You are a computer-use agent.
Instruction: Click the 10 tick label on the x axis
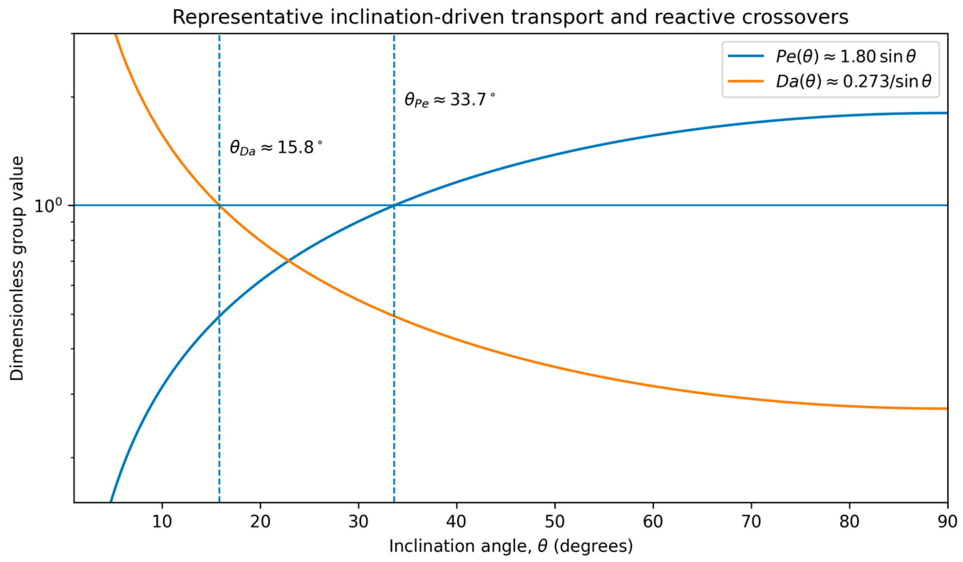pyautogui.click(x=162, y=522)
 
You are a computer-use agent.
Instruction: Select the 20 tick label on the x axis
pyautogui.click(x=260, y=522)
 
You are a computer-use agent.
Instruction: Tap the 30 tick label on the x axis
pyautogui.click(x=358, y=522)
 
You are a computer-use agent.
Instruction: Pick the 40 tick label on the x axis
pyautogui.click(x=456, y=522)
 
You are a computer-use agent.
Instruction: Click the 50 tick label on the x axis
pyautogui.click(x=555, y=522)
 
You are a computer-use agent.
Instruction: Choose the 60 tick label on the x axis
pyautogui.click(x=653, y=522)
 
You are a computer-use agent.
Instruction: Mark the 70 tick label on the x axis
pyautogui.click(x=751, y=522)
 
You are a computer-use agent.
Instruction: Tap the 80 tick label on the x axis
pyautogui.click(x=849, y=522)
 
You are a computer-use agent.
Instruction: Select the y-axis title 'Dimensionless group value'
pyautogui.click(x=17, y=269)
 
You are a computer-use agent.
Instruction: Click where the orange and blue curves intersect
pyautogui.click(x=288, y=261)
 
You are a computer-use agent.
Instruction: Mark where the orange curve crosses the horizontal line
pyautogui.click(x=219, y=205)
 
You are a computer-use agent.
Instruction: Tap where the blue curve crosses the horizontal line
pyautogui.click(x=394, y=205)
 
